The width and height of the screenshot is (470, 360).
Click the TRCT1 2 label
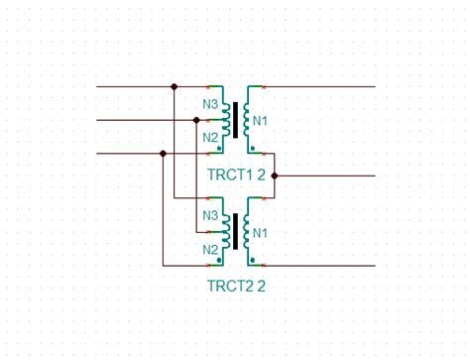coord(236,176)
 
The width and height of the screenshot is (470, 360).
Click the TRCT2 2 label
coord(236,287)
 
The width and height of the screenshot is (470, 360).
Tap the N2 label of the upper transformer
coord(210,137)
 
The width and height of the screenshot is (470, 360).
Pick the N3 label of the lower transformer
coord(210,215)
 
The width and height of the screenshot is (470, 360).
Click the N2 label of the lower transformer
coord(210,249)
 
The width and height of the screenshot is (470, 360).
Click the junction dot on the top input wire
coord(175,87)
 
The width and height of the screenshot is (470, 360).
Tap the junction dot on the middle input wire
coord(196,121)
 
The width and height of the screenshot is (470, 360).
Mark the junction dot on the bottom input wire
coord(163,154)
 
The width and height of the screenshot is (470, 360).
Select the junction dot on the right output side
coord(274,176)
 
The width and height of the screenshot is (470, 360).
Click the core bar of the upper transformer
coord(235,120)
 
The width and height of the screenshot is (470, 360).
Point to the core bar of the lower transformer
coord(235,232)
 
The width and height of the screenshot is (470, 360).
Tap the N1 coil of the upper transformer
coord(247,120)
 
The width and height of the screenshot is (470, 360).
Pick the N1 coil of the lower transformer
coord(247,232)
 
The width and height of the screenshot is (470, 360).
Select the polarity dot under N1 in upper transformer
coord(254,148)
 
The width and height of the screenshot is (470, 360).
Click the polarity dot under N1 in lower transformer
coord(254,260)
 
